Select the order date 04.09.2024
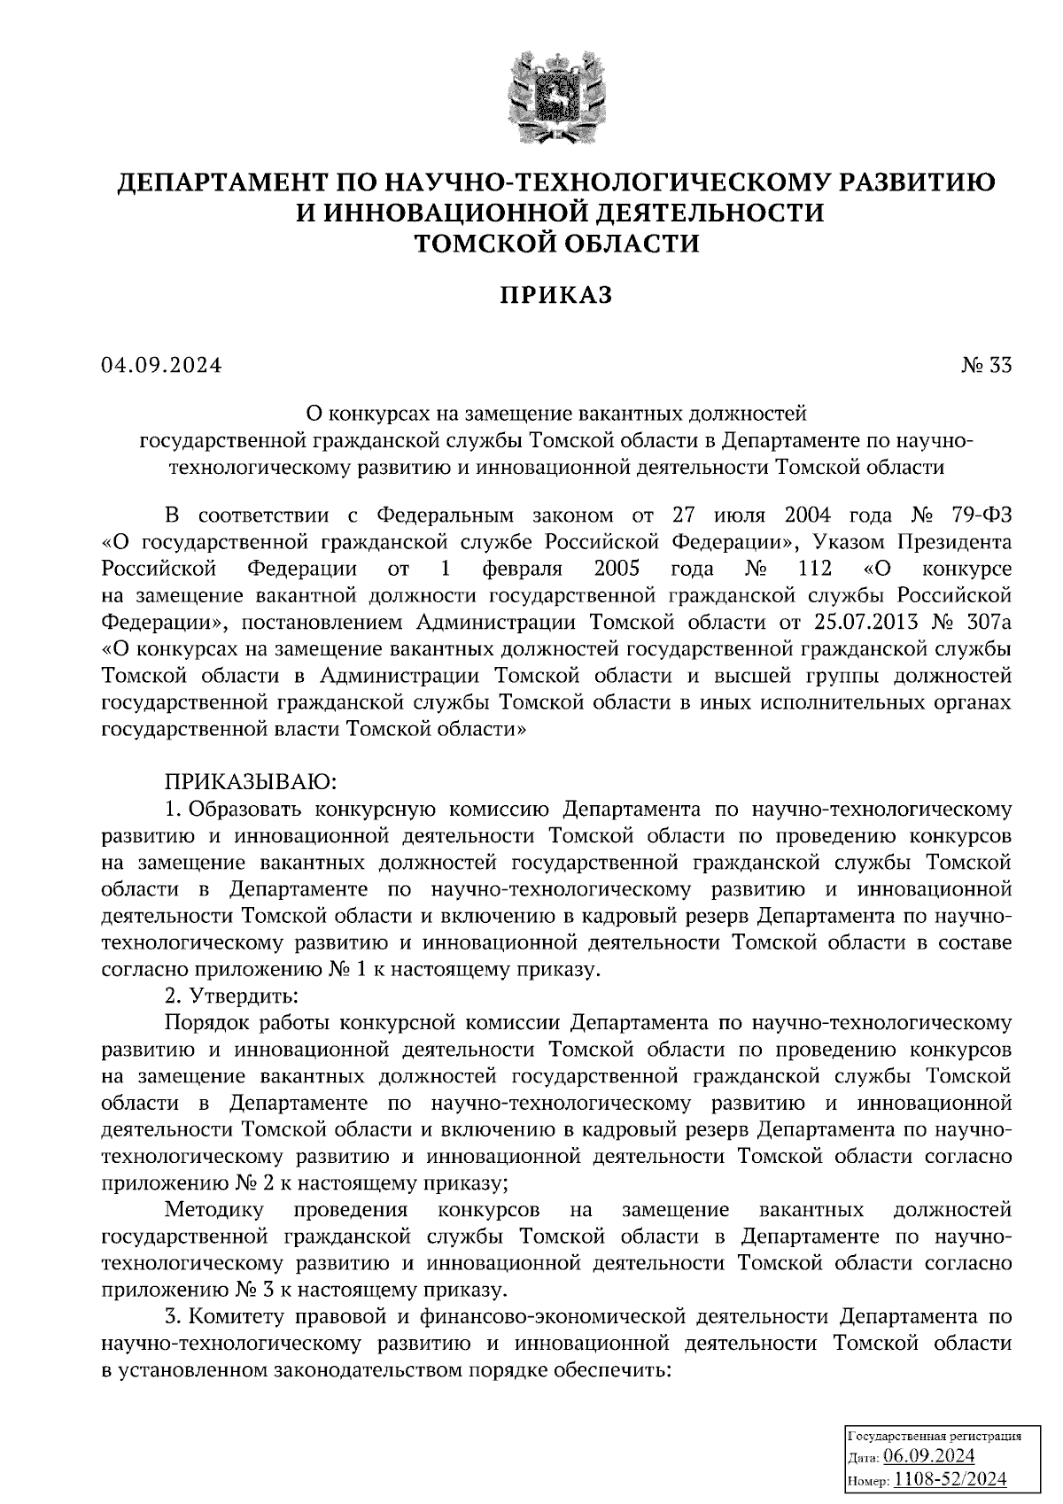click(161, 365)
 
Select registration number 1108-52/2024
click(950, 1478)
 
